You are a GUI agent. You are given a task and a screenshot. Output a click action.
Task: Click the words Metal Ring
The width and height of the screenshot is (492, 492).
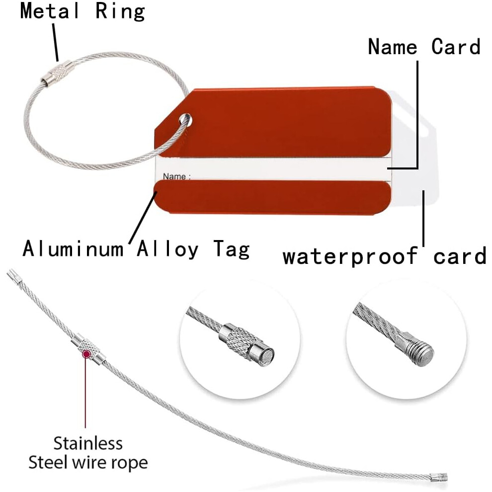[82, 11]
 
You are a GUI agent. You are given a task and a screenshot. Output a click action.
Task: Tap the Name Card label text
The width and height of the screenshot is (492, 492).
[424, 47]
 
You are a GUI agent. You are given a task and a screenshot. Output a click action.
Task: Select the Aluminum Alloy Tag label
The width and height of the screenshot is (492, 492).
[136, 249]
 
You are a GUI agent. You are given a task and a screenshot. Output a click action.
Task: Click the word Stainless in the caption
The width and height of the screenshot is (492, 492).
[88, 443]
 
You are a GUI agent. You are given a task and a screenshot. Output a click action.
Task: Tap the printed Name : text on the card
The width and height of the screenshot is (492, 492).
[176, 176]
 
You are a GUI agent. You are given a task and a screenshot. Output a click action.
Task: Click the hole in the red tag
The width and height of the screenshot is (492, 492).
[186, 120]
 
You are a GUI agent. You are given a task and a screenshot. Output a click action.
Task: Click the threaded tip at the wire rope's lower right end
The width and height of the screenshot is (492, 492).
[439, 478]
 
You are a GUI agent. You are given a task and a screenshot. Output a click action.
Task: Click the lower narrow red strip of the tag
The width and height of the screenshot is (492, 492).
[272, 196]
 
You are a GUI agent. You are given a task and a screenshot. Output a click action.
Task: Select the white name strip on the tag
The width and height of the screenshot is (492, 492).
[273, 169]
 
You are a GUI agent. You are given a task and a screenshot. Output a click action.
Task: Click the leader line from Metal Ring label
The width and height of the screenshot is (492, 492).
[56, 43]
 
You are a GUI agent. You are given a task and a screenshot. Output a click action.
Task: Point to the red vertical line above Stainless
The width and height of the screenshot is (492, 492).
[85, 393]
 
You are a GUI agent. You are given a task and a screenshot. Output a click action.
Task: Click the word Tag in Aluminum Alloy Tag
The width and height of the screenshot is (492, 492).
[232, 249]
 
